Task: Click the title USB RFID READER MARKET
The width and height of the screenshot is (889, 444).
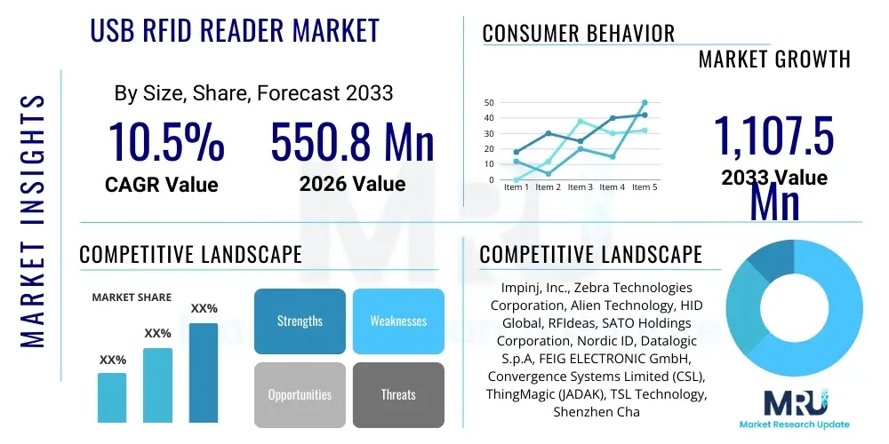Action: (235, 30)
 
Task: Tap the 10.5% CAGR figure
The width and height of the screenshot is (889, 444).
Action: (166, 143)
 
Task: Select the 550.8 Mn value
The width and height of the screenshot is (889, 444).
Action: (352, 143)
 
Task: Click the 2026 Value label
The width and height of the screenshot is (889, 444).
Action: (352, 184)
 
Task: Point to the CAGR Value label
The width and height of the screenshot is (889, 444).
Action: (161, 185)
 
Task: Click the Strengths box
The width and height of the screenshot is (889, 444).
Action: (300, 321)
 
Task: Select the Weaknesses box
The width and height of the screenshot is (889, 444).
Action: (398, 321)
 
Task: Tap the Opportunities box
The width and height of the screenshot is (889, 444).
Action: (300, 394)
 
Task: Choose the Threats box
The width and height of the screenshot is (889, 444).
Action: (398, 394)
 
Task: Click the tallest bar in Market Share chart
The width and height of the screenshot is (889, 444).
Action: (204, 372)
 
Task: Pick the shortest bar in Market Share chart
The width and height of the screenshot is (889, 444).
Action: (112, 397)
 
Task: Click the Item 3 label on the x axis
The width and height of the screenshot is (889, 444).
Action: (581, 187)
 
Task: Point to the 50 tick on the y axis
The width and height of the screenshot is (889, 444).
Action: (488, 102)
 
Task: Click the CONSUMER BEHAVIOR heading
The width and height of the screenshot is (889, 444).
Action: (578, 34)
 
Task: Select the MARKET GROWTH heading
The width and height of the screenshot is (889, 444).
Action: (774, 59)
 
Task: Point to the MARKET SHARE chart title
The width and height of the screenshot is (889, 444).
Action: (132, 297)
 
